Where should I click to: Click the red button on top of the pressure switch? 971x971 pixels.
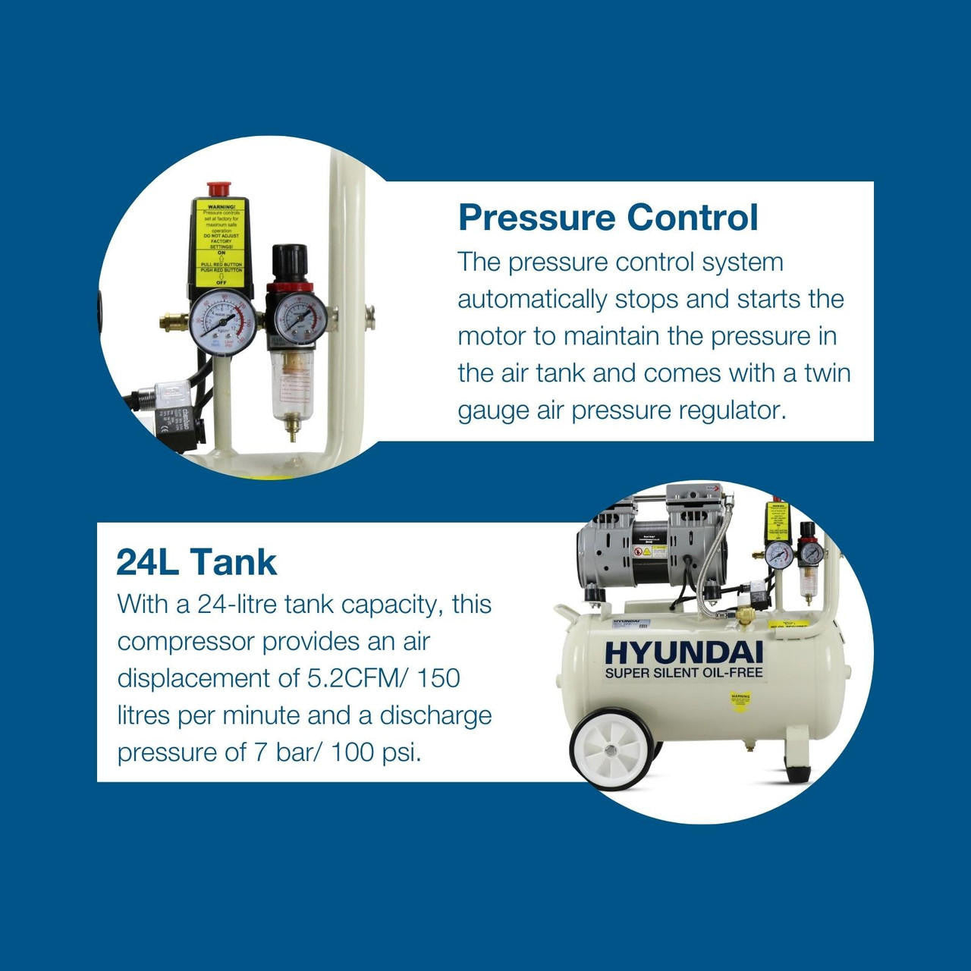pyautogui.click(x=218, y=188)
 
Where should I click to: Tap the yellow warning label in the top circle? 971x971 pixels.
pyautogui.click(x=221, y=243)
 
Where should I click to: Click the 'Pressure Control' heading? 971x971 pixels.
pyautogui.click(x=608, y=218)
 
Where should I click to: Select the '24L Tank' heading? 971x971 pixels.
pyautogui.click(x=196, y=562)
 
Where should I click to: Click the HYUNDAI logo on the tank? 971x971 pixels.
pyautogui.click(x=683, y=652)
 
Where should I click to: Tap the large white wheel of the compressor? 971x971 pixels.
pyautogui.click(x=611, y=749)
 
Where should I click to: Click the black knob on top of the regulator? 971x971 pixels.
pyautogui.click(x=290, y=262)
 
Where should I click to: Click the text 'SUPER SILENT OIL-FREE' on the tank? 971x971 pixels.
pyautogui.click(x=683, y=673)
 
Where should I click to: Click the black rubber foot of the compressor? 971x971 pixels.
pyautogui.click(x=797, y=773)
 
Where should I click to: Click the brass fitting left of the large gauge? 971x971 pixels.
pyautogui.click(x=174, y=322)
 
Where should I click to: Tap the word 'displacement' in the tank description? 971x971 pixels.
pyautogui.click(x=208, y=677)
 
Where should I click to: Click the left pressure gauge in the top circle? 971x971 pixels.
pyautogui.click(x=222, y=322)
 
